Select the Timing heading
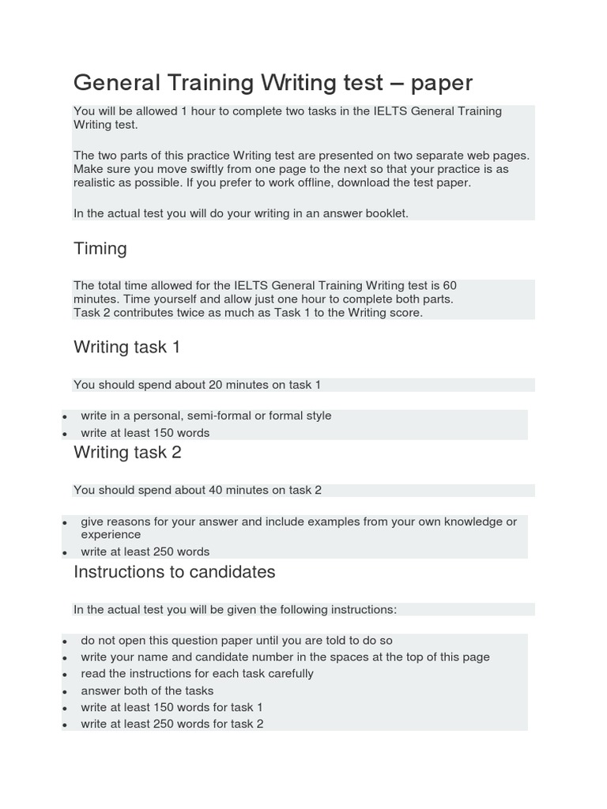[100, 249]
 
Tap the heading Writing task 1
[126, 347]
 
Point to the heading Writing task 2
[126, 452]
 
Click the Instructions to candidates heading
[174, 572]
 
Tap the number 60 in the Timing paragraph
[449, 285]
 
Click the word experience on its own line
[111, 535]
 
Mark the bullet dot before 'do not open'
[63, 642]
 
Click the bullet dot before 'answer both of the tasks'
[63, 691]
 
